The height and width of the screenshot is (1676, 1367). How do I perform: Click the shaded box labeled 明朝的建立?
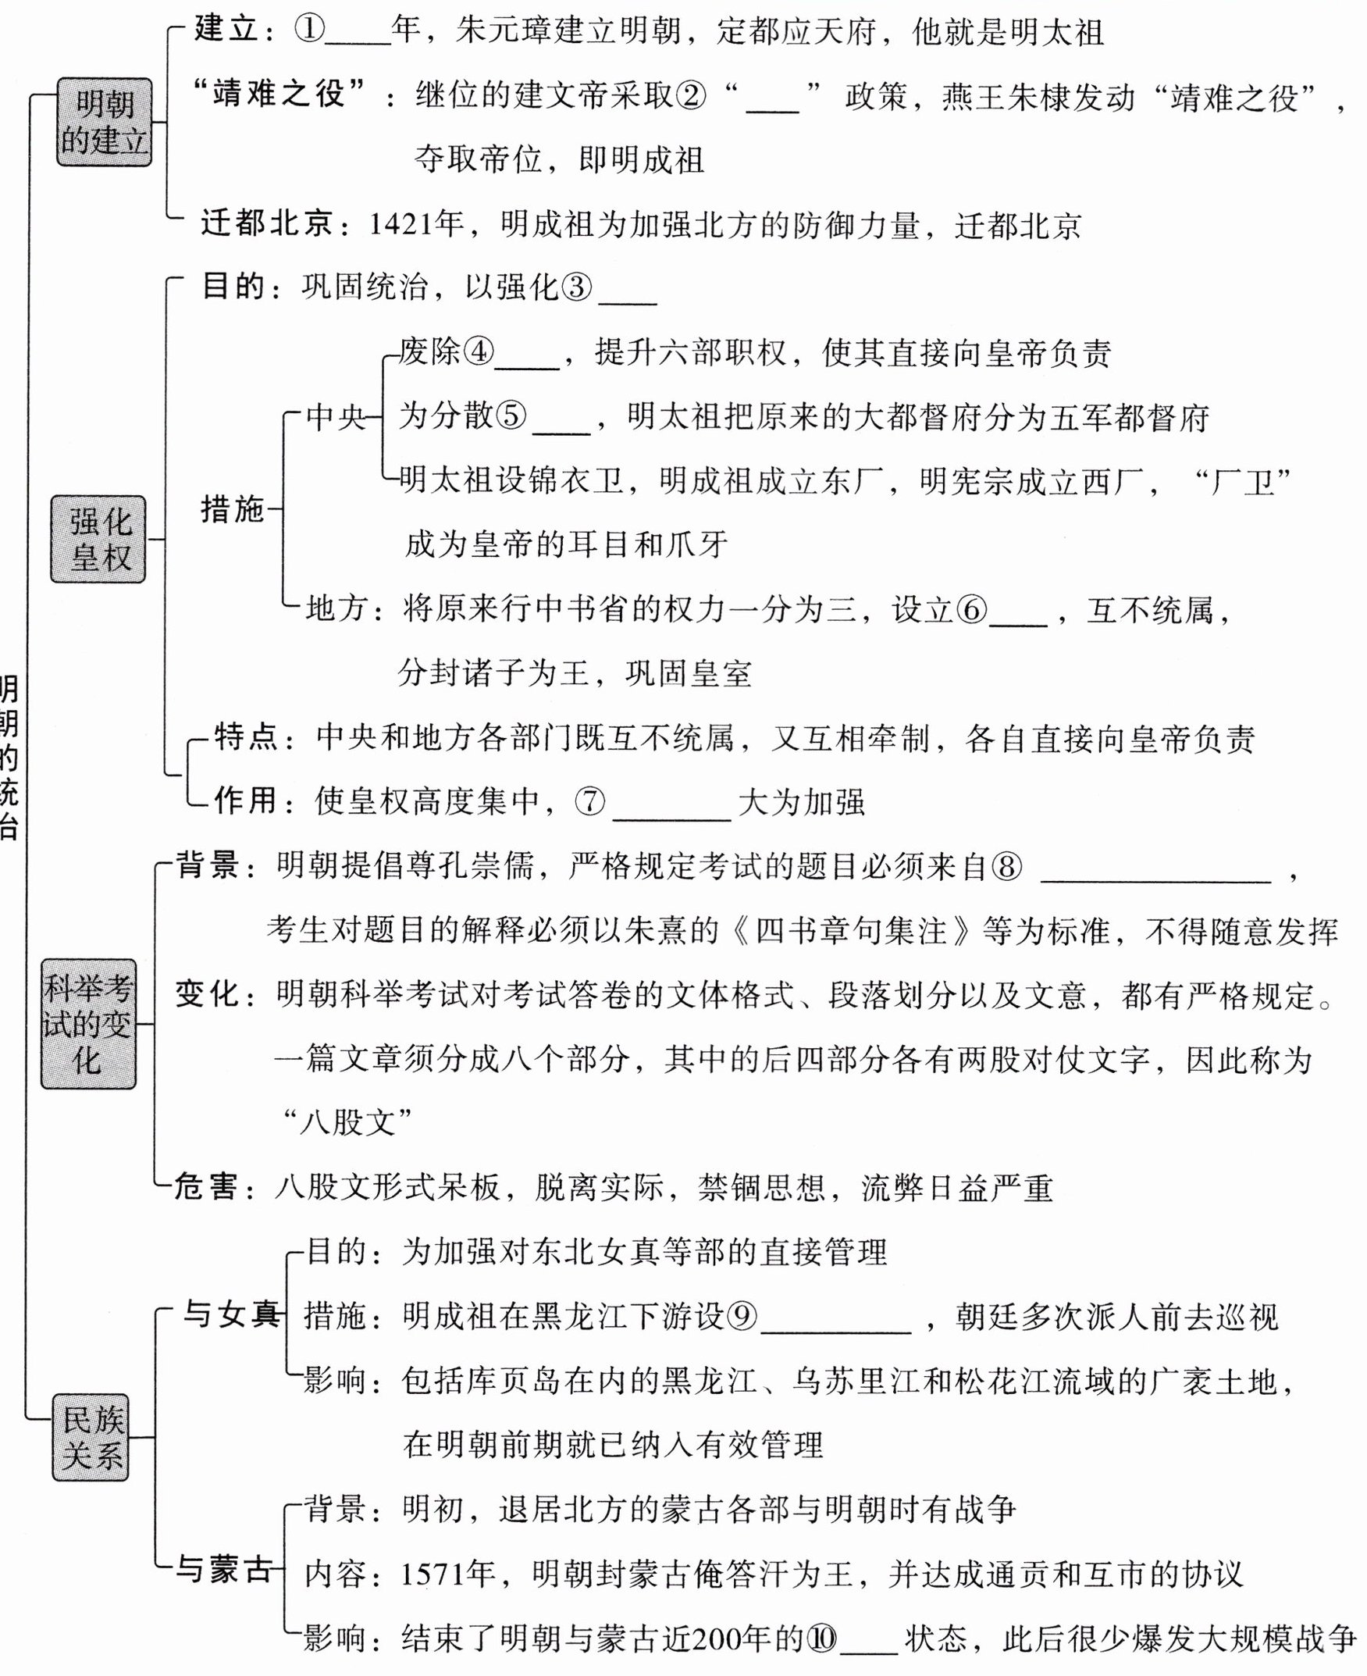click(104, 122)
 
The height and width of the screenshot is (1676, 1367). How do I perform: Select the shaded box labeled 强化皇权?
click(98, 540)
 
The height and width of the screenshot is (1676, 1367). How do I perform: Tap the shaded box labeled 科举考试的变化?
click(88, 1024)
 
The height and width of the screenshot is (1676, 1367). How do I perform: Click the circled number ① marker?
click(308, 30)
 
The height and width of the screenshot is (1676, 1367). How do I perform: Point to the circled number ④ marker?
click(478, 352)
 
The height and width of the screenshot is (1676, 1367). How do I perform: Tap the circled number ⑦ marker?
click(589, 802)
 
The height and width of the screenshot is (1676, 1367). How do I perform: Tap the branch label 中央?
click(336, 416)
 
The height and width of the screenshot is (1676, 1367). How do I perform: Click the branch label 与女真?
click(232, 1314)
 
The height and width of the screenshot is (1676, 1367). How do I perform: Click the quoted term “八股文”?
click(348, 1121)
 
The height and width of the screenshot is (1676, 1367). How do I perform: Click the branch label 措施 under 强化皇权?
click(233, 509)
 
